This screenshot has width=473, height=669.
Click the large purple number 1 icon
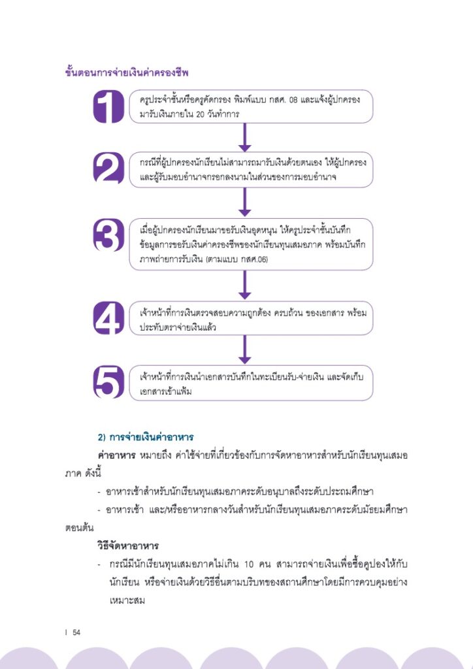click(x=108, y=106)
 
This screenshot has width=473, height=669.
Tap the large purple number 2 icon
click(x=108, y=168)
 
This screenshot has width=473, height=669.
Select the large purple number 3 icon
click(x=108, y=235)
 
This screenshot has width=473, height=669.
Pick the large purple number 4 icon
click(x=108, y=318)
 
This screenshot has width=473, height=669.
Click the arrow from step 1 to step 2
click(x=245, y=137)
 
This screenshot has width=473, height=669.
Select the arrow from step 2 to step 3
click(x=245, y=202)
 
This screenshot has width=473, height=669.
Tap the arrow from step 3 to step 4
click(x=245, y=285)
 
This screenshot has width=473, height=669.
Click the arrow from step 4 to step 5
click(x=245, y=350)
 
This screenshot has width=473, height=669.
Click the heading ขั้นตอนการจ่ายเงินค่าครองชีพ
click(x=127, y=73)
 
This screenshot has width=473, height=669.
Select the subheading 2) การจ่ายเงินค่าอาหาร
click(x=146, y=437)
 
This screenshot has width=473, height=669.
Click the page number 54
click(x=76, y=632)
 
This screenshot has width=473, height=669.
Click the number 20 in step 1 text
click(x=200, y=115)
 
